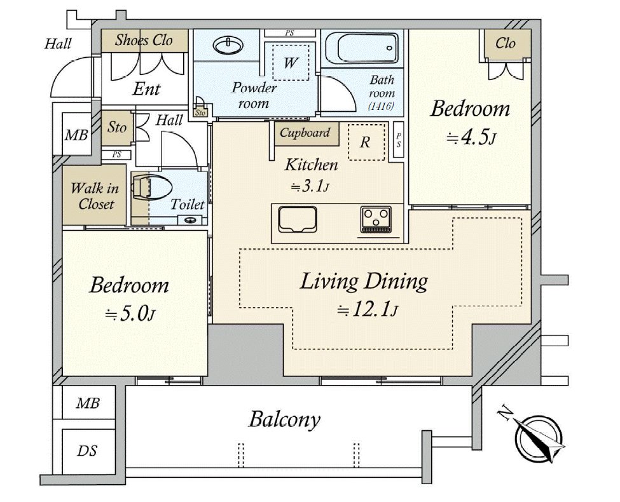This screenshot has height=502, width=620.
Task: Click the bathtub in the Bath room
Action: tap(362, 48)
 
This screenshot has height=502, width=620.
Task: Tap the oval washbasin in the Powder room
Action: tap(228, 45)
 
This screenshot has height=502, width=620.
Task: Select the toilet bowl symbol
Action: tap(152, 187)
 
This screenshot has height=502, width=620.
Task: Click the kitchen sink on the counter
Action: tap(298, 219)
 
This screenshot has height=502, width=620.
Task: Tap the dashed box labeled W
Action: tap(291, 62)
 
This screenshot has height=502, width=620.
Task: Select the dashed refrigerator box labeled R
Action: tap(366, 142)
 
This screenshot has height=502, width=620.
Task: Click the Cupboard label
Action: tap(305, 132)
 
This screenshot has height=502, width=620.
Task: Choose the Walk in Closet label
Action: tap(95, 196)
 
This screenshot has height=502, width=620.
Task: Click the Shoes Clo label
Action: tap(144, 40)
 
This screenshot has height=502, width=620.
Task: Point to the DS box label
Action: tap(87, 451)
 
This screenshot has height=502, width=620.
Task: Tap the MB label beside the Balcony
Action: tap(88, 403)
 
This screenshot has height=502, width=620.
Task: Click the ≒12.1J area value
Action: tap(368, 309)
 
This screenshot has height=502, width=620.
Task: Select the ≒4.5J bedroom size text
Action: tap(471, 138)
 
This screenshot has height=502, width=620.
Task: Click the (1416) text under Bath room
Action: tap(381, 106)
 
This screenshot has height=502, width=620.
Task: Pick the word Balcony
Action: tap(284, 419)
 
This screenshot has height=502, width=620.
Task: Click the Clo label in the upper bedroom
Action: tap(506, 43)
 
